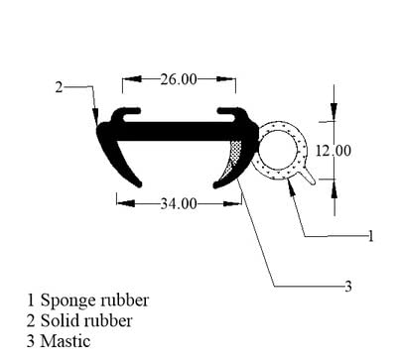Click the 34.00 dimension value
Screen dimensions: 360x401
(x=179, y=204)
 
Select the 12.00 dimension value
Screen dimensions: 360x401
(x=334, y=151)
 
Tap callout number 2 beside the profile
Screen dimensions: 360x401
(x=59, y=87)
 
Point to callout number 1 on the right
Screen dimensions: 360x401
(x=369, y=236)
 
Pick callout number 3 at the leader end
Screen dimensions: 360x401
(x=347, y=287)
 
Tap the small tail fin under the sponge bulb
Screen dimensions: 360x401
(x=310, y=177)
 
